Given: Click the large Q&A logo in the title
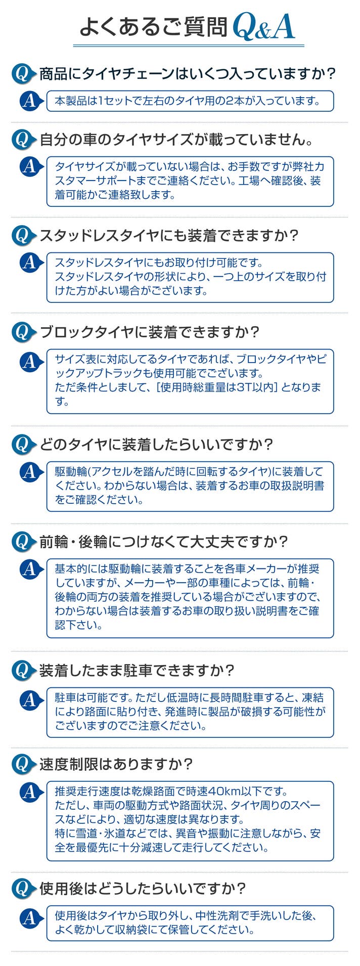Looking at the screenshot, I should click(263, 27).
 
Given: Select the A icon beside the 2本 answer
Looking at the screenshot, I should click(30, 101).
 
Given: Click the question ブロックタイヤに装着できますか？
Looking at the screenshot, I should click(149, 332).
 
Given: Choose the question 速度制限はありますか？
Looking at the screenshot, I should click(116, 764).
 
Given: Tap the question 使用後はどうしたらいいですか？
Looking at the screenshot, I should click(143, 888).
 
